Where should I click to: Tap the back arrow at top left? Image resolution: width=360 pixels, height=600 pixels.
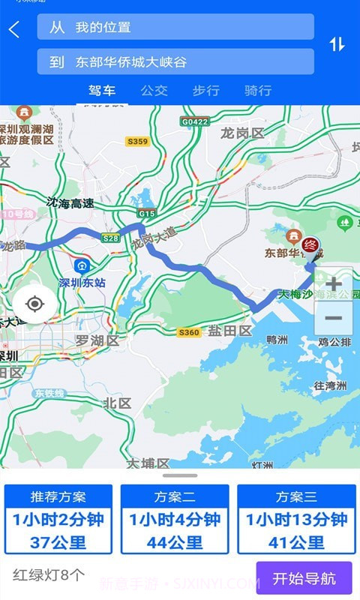click(14, 29)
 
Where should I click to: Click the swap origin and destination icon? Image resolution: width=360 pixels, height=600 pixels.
click(337, 44)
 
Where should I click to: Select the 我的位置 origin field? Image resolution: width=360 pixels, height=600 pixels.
click(175, 27)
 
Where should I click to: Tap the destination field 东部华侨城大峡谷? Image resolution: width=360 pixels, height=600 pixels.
click(175, 62)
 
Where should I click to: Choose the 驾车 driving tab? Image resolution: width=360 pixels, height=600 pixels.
click(102, 91)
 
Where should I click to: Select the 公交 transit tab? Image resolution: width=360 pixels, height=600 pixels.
click(154, 91)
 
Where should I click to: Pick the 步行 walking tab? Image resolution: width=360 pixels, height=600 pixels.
click(205, 91)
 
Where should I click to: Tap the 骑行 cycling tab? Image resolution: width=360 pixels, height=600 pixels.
click(257, 91)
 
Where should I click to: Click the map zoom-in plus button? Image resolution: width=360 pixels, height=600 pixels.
click(334, 284)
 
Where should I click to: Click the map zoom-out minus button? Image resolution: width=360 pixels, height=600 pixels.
click(334, 319)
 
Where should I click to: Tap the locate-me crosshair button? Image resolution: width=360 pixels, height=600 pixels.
click(34, 304)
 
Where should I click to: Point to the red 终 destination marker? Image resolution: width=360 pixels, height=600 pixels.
click(310, 244)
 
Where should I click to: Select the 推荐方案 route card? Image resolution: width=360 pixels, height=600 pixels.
click(58, 519)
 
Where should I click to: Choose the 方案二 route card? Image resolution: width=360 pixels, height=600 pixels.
click(175, 519)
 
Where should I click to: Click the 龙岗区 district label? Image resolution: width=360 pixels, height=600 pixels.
click(243, 133)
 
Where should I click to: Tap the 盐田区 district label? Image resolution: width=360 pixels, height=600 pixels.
click(229, 331)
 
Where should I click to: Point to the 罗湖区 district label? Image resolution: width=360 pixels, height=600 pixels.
click(97, 340)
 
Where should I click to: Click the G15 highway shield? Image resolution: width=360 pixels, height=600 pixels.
click(147, 214)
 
